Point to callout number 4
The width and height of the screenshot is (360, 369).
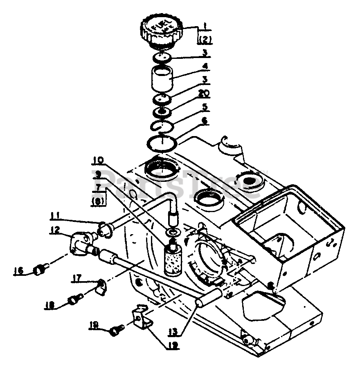pyautogui.click(x=205, y=66)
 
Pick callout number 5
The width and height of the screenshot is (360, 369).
pyautogui.click(x=205, y=108)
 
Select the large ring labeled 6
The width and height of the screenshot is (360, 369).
pyautogui.click(x=162, y=143)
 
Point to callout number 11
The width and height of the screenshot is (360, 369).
pyautogui.click(x=56, y=215)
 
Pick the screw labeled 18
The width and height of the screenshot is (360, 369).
pyautogui.click(x=73, y=300)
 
